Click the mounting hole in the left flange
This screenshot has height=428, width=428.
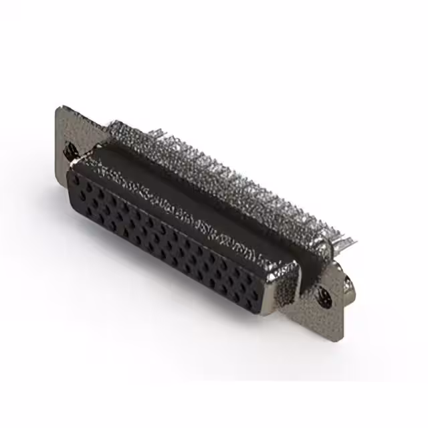pos(69,152)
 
